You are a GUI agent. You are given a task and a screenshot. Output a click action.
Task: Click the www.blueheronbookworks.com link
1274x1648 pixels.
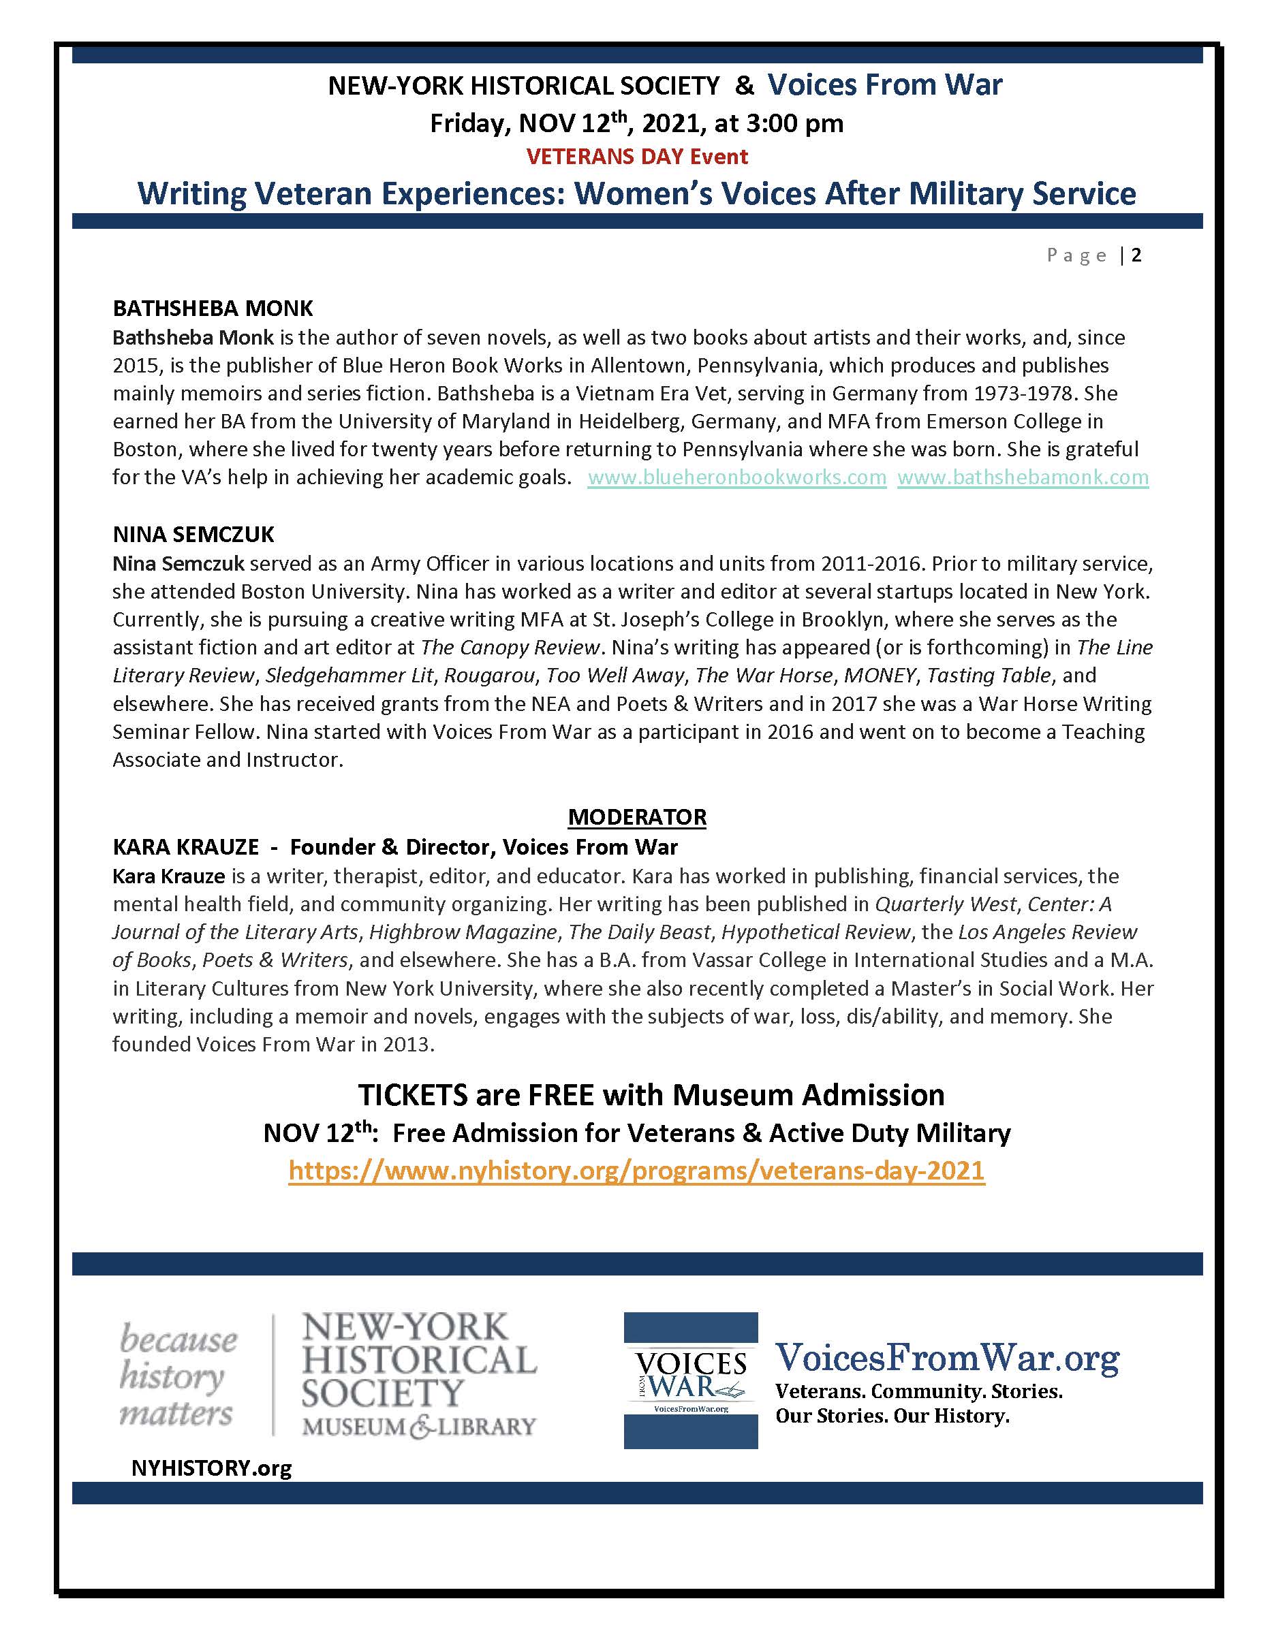coord(736,477)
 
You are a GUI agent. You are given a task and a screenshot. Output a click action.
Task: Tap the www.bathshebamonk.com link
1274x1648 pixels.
coord(1023,477)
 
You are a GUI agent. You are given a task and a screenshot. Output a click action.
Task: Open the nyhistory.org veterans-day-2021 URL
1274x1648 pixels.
coord(636,1171)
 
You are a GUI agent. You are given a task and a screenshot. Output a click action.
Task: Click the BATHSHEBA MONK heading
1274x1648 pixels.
coord(212,308)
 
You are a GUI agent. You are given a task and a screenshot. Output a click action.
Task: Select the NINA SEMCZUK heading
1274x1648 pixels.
coord(193,535)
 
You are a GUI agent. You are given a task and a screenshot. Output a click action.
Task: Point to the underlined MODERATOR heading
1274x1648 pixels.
coord(636,817)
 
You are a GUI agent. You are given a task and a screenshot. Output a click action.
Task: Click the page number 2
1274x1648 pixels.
coord(1136,255)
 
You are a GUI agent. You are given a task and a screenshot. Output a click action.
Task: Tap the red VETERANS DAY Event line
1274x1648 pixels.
coord(636,157)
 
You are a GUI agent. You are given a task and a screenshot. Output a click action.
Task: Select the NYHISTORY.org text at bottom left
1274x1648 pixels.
coord(211,1468)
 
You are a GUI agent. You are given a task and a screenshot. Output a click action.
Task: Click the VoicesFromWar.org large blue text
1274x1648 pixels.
coord(947,1359)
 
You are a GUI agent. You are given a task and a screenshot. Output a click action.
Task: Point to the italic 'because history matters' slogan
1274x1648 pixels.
coord(178,1376)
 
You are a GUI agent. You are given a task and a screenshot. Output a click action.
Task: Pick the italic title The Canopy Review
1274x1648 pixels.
coord(510,648)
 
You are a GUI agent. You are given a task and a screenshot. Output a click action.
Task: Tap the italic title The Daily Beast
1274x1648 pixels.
coord(639,932)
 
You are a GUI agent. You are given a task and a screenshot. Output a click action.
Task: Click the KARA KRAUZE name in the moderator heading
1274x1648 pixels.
coord(186,846)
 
